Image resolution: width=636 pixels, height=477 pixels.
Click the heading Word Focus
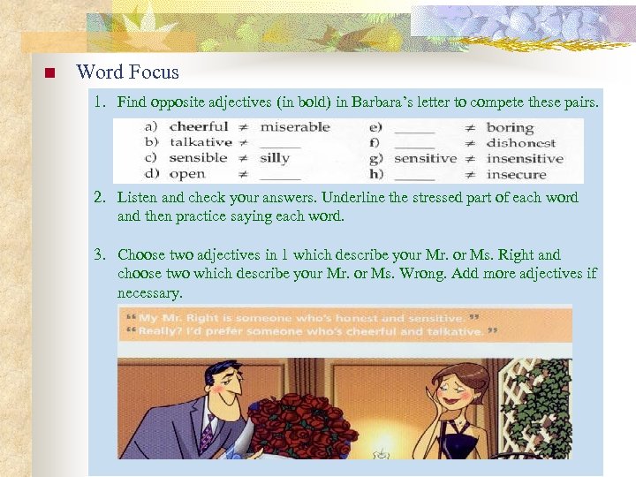pos(127,72)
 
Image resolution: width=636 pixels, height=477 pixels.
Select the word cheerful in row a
pos(199,127)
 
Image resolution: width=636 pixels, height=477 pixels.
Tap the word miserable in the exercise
pos(295,127)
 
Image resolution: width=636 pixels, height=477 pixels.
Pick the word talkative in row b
pos(201,142)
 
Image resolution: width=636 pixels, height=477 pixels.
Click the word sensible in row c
pos(199,158)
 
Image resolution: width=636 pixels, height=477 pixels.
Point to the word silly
pos(275,158)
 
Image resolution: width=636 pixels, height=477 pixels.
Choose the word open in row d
pos(186,174)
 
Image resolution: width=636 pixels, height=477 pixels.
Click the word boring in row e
pos(510,127)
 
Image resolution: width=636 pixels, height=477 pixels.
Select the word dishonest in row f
pos(520,143)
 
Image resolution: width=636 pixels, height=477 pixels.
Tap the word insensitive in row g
pos(524,159)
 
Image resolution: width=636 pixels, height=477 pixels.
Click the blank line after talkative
pos(281,145)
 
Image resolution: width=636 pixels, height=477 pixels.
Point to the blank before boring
pos(414,130)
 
